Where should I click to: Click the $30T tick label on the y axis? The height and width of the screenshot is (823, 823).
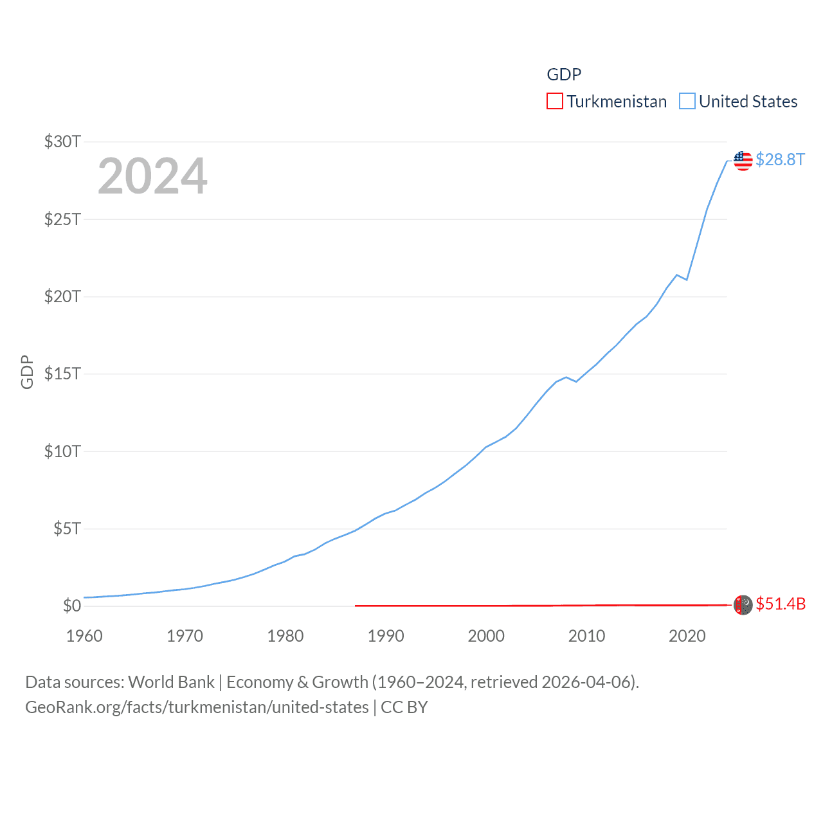(x=62, y=141)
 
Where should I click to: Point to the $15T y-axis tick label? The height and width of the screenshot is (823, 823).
(x=62, y=374)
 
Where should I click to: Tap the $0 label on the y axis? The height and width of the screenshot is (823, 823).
(x=71, y=606)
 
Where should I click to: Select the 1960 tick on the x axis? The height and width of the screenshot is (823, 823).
(x=84, y=636)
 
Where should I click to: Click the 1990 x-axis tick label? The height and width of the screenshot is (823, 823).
(x=386, y=636)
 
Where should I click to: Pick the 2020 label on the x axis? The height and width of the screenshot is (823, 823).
(x=687, y=636)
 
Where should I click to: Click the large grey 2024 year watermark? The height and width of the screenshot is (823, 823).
(x=152, y=176)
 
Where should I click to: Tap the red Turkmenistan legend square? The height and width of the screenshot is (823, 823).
(x=554, y=102)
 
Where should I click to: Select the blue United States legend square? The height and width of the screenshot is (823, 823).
(x=687, y=102)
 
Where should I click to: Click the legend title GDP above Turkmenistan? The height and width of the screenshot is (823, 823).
(x=564, y=75)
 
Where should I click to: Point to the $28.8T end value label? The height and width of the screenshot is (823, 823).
(x=780, y=159)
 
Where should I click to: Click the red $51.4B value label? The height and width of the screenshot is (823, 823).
(x=781, y=604)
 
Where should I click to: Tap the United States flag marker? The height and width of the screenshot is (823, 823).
(x=743, y=160)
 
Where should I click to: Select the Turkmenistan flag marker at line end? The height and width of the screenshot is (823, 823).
(x=743, y=604)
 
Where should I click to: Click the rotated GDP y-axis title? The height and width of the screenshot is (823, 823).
(x=27, y=372)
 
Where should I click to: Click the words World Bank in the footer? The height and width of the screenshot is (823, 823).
(x=172, y=682)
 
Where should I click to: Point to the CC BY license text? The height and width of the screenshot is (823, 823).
(x=404, y=707)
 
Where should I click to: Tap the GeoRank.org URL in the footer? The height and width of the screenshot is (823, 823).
(x=197, y=707)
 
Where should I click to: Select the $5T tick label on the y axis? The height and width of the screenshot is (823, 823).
(x=67, y=529)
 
